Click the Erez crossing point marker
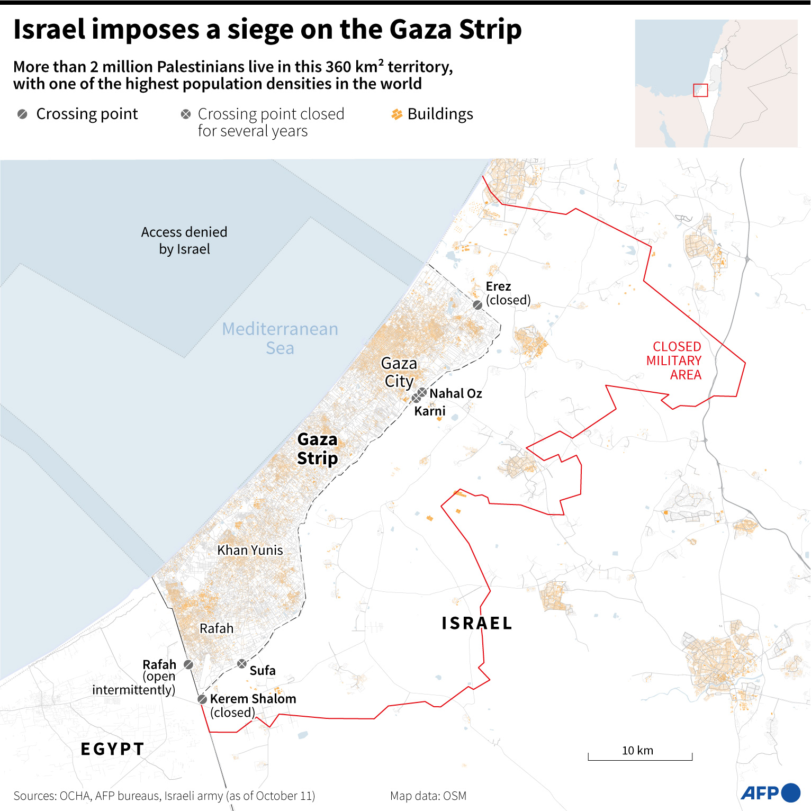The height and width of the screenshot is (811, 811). [477, 305]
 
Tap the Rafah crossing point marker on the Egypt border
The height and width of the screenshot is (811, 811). [188, 664]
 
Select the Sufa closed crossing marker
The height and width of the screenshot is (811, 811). [242, 663]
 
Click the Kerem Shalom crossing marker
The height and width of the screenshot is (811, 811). [202, 699]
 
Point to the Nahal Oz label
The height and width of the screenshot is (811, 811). [455, 393]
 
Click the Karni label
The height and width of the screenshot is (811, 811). [429, 411]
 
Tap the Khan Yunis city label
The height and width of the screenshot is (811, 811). [250, 550]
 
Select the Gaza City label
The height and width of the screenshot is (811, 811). [399, 372]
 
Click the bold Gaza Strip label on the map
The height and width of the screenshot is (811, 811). [317, 448]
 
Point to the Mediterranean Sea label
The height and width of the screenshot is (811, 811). [280, 338]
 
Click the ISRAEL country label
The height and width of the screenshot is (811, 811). [477, 623]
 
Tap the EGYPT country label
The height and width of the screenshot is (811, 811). [112, 749]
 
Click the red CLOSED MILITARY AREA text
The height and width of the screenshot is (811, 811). [674, 361]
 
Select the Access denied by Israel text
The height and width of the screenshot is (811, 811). [184, 240]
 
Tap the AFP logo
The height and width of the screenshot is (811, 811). [770, 792]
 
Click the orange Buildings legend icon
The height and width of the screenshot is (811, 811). [397, 114]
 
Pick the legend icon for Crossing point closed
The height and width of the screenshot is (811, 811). [186, 114]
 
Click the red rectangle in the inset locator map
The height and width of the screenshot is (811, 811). [700, 90]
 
